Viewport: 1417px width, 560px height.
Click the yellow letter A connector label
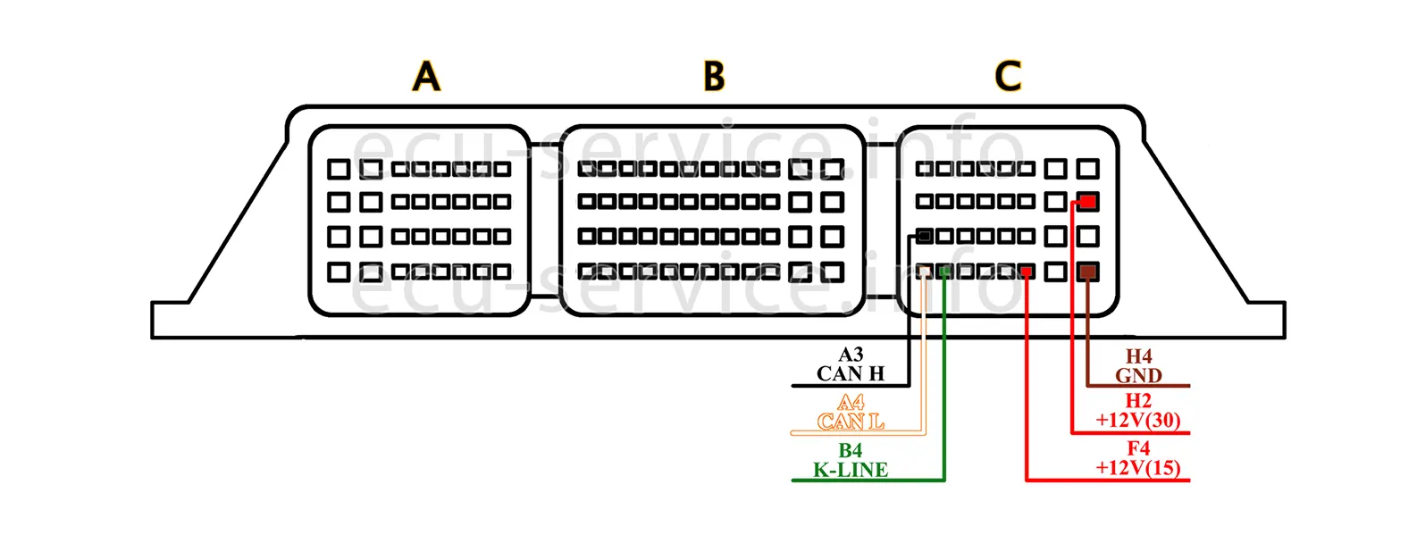tap(426, 77)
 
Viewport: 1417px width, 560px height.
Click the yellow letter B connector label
tap(714, 77)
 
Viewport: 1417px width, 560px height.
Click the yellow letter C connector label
tap(1008, 77)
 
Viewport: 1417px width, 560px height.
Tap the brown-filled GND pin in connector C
tap(1087, 272)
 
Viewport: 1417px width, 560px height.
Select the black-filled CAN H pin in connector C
tap(926, 237)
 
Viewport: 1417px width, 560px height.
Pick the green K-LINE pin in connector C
tap(944, 272)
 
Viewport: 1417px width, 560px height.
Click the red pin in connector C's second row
tap(1087, 202)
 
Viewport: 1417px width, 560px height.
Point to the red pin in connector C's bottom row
tap(1027, 272)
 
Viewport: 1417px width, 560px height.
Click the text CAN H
tap(850, 374)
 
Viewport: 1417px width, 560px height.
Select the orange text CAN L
tap(850, 422)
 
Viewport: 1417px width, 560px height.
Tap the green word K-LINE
tap(850, 470)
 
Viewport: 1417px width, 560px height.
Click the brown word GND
tap(1138, 376)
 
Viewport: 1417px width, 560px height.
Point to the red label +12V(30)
tap(1138, 421)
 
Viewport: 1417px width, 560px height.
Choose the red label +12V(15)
tap(1138, 468)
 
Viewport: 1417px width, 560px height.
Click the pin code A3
tap(851, 355)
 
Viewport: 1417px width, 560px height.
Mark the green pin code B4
tap(851, 451)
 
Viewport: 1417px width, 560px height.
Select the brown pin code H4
tap(1138, 357)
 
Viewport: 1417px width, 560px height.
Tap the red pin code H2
tap(1138, 402)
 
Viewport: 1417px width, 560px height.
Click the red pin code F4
tap(1138, 449)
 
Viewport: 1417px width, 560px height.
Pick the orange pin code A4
tap(851, 403)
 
